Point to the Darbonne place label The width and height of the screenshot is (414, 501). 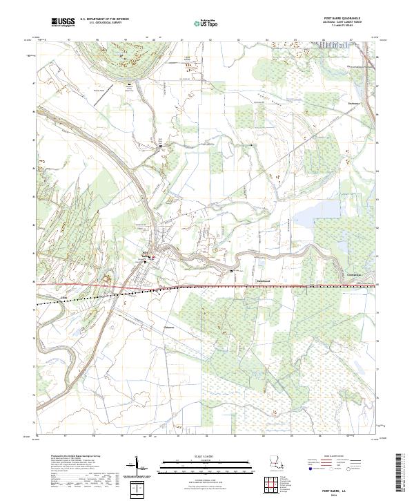click(x=355, y=106)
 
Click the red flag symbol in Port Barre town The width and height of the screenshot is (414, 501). click(x=153, y=258)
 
